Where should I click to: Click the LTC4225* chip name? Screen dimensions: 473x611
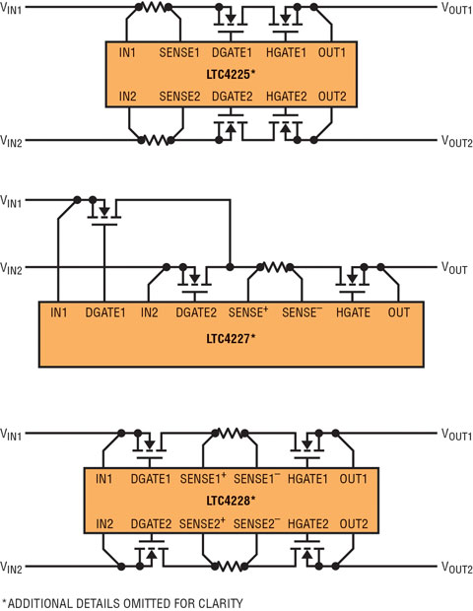231,74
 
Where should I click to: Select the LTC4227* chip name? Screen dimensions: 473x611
231,338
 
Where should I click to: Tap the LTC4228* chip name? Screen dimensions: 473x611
231,500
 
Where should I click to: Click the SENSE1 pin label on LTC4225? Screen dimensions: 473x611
178,52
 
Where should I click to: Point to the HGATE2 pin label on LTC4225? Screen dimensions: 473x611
287,97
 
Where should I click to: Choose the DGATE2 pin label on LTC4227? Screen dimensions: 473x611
196,312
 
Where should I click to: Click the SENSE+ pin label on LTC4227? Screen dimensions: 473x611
248,312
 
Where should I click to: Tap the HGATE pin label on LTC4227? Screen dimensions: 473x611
353,312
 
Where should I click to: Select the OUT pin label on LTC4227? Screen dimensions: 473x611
398,312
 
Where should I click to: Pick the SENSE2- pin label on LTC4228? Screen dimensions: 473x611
256,523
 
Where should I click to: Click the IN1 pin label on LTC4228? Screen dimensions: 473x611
103,479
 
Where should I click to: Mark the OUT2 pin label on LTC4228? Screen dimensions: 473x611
354,524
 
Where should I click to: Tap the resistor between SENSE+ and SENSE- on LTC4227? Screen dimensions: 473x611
275,267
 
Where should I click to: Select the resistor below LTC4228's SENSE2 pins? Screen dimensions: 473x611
230,567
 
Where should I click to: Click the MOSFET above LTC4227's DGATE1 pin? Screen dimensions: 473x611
104,212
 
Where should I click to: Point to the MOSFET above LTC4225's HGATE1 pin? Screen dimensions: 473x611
286,21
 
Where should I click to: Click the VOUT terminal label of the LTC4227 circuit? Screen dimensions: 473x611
454,268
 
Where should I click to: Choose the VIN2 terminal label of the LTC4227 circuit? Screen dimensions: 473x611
11,268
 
